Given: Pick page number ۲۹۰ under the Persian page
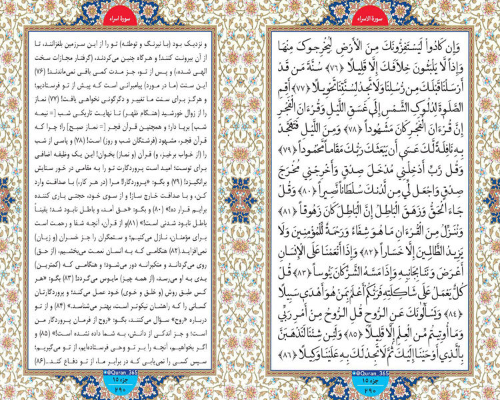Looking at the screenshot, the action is pyautogui.click(x=125, y=390).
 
